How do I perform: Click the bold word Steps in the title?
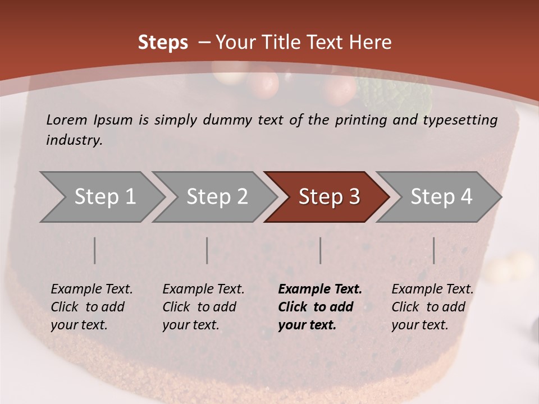(x=163, y=43)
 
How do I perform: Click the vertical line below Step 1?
(x=94, y=250)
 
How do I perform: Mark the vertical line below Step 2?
(x=207, y=250)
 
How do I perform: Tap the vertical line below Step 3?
(x=320, y=250)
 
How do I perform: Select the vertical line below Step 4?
(x=433, y=250)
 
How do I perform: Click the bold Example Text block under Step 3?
(x=320, y=307)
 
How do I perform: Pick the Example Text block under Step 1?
(x=92, y=307)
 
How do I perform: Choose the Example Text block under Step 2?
(x=203, y=307)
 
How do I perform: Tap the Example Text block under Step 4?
(x=432, y=307)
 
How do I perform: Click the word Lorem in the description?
(x=66, y=120)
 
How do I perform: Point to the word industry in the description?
(x=74, y=140)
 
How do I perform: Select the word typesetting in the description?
(x=460, y=120)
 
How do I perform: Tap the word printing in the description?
(x=362, y=120)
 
